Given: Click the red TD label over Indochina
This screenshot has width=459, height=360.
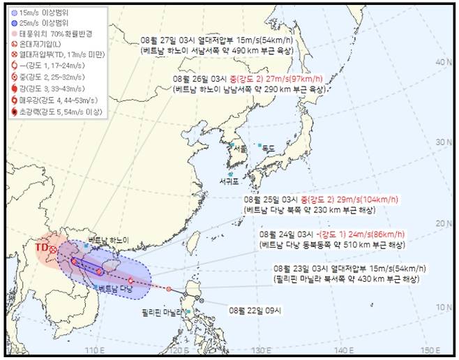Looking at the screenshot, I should pos(41,247).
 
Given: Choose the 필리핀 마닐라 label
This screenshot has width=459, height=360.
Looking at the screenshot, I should pos(163,312).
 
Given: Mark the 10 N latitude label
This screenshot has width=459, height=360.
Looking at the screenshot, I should pos(441,306).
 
